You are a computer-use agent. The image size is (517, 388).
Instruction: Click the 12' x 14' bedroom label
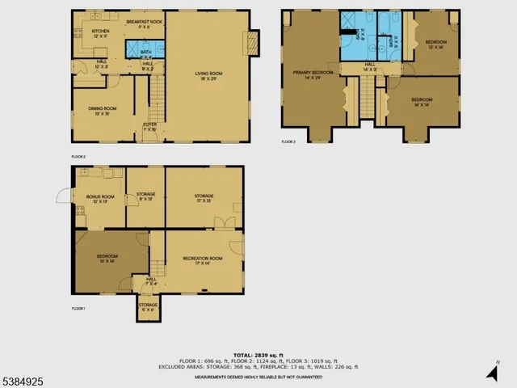(435, 42)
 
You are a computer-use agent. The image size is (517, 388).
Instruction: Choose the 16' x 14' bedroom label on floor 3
(422, 103)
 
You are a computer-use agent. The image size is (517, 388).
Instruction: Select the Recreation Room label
(196, 260)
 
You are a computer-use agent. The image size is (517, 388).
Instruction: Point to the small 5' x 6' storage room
(147, 308)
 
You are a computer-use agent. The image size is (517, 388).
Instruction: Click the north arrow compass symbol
(492, 372)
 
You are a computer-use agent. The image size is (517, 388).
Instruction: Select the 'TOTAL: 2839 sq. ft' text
(258, 354)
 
